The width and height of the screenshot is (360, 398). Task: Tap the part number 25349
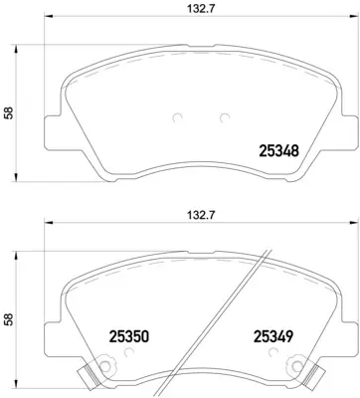point(274,337)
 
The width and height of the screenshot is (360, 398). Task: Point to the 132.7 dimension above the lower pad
point(180,212)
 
